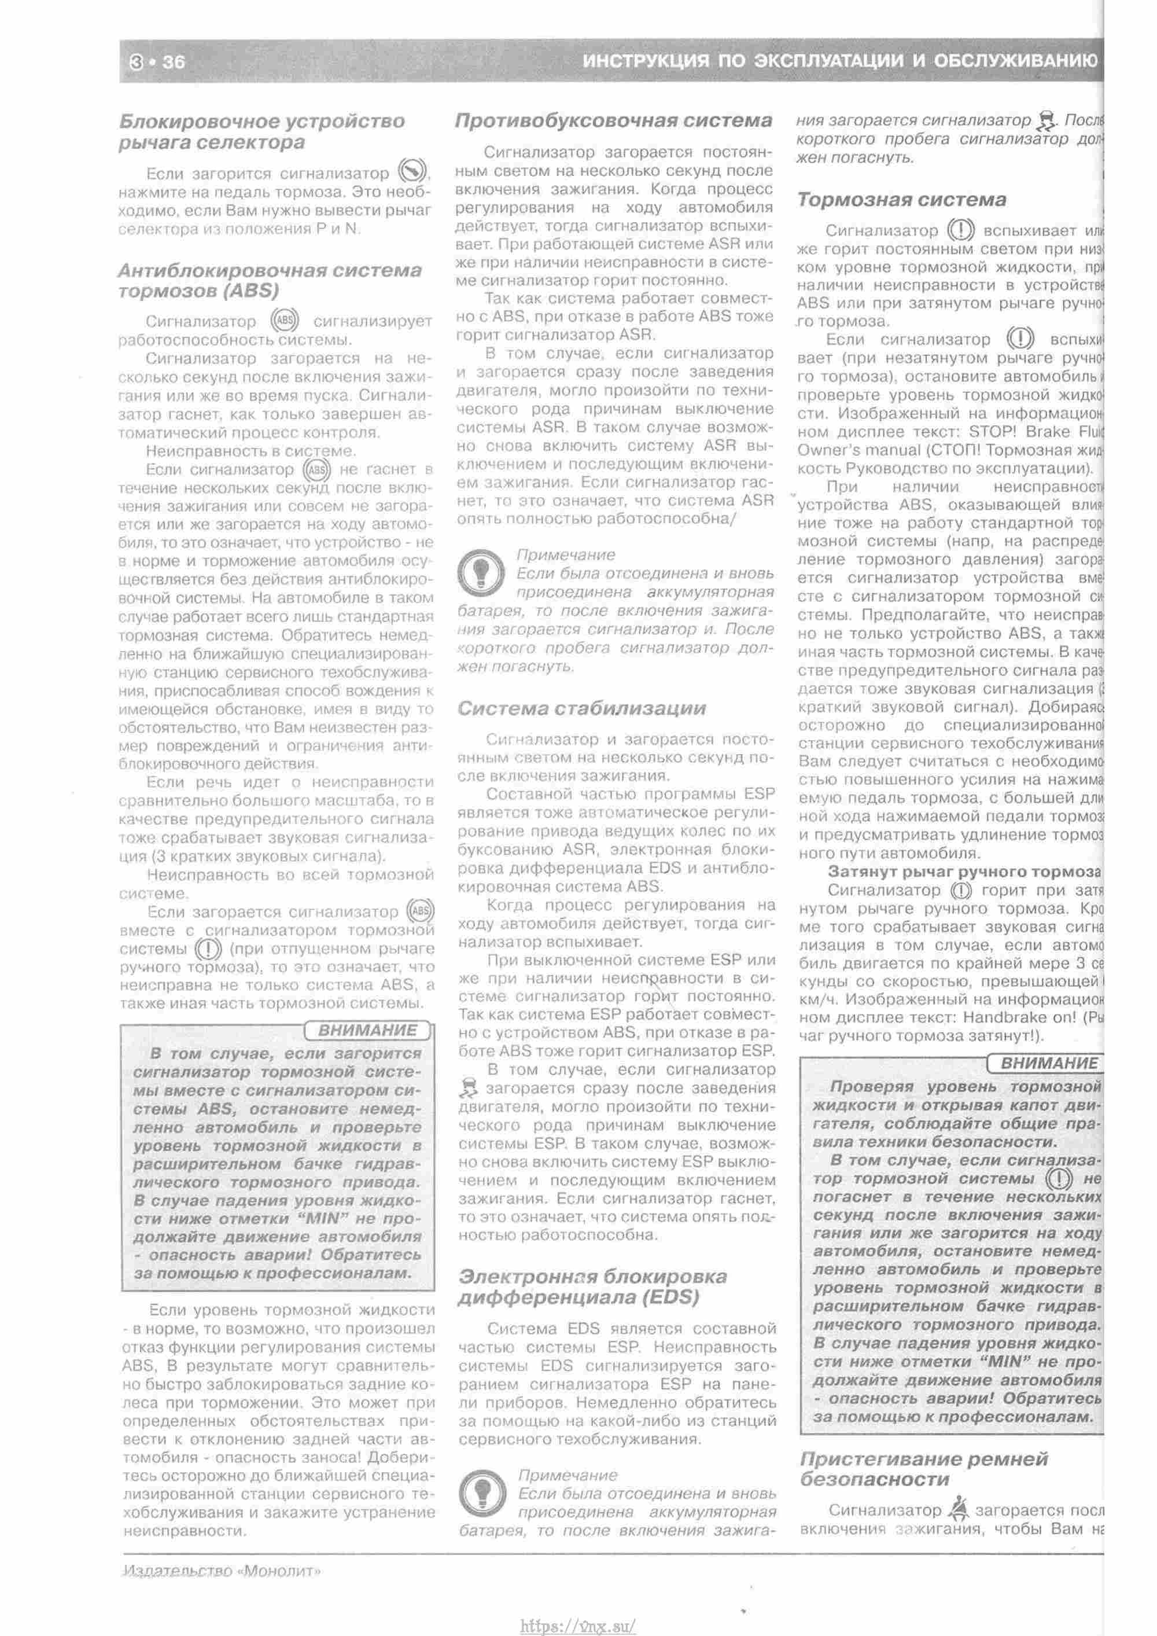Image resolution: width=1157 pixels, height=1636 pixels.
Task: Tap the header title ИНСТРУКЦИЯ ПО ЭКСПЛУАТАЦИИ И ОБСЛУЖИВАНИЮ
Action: (840, 61)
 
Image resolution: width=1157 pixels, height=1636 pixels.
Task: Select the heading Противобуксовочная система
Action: (613, 121)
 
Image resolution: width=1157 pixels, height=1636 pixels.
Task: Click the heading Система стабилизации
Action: (581, 708)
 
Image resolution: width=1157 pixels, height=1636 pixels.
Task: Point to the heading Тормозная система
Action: (901, 200)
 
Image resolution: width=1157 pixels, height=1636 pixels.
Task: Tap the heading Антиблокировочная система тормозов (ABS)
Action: (270, 281)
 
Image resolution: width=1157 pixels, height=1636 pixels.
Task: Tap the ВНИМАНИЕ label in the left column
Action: (367, 1030)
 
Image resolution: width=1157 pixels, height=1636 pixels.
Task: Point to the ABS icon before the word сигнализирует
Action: (285, 321)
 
